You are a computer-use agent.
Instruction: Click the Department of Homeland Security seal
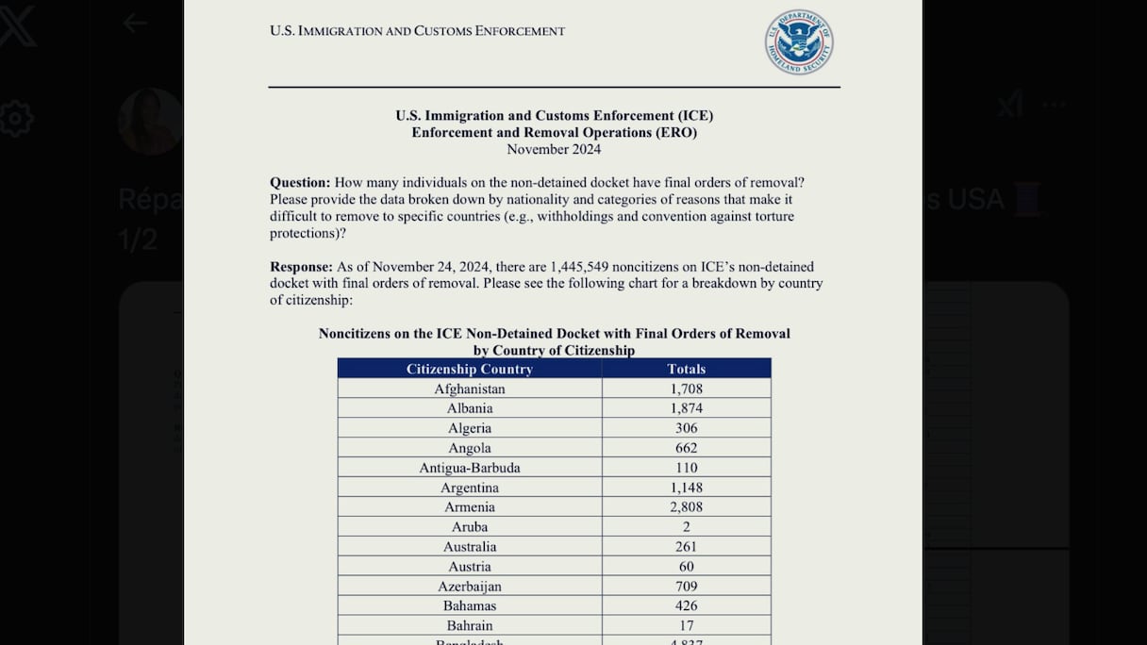799,41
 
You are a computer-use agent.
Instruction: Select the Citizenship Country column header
470,369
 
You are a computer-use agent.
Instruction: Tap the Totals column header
687,369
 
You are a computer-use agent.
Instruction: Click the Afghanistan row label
470,389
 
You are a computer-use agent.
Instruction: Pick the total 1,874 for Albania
687,408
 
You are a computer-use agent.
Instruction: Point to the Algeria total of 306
687,428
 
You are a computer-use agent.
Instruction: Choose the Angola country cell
470,448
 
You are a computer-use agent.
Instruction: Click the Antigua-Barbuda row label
470,468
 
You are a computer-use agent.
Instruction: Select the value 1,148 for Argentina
687,488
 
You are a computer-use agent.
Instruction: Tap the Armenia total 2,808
687,507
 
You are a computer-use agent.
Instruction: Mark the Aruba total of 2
687,527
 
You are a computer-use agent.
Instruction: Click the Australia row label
470,547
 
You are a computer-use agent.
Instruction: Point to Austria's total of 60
687,567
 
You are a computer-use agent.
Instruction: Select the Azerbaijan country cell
470,587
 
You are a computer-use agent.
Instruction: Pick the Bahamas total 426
687,605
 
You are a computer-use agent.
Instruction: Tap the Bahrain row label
470,625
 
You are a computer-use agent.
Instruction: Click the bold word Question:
300,182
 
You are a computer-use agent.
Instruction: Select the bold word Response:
301,267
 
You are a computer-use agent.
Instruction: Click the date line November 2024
554,149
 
